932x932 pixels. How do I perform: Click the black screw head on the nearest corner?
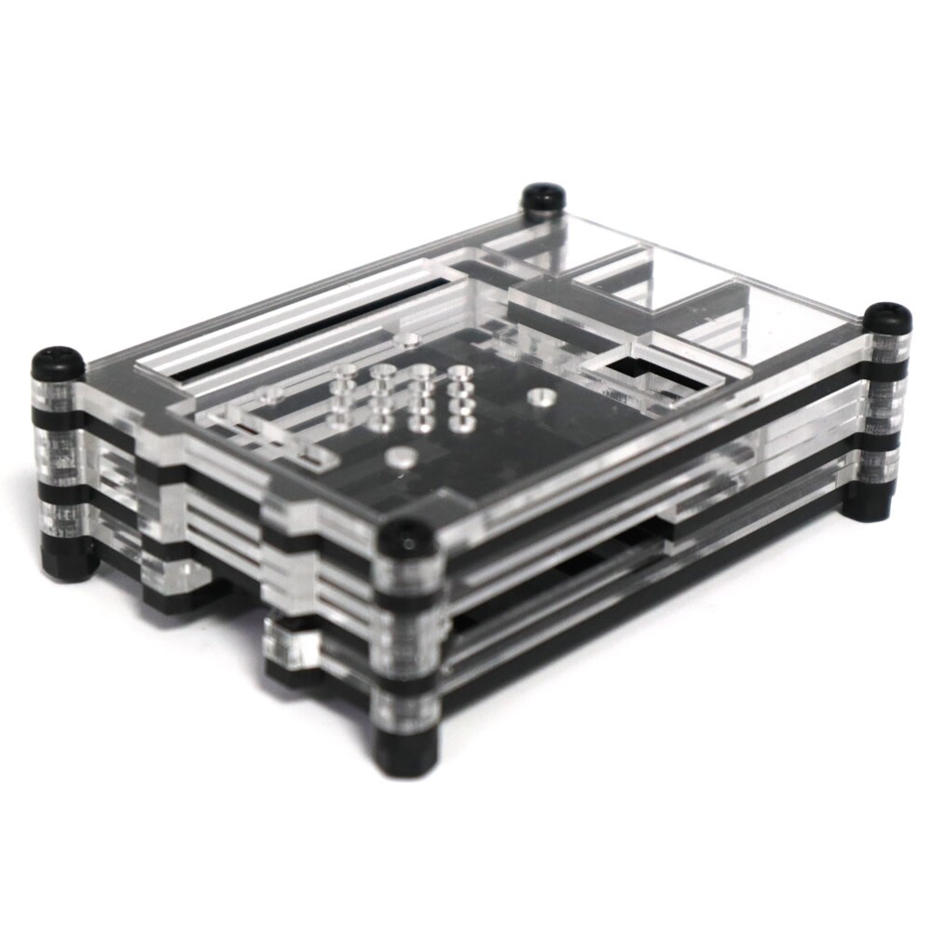(407, 537)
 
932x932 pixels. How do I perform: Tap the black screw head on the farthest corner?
(543, 197)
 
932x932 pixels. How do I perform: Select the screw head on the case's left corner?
(58, 363)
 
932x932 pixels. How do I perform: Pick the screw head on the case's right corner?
(886, 318)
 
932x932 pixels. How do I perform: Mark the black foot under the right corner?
(866, 504)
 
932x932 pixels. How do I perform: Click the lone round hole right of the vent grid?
(539, 397)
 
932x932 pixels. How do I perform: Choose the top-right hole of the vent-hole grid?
(458, 374)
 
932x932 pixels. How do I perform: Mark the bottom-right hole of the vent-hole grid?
(461, 424)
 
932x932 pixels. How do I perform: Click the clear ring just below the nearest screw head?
(407, 570)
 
